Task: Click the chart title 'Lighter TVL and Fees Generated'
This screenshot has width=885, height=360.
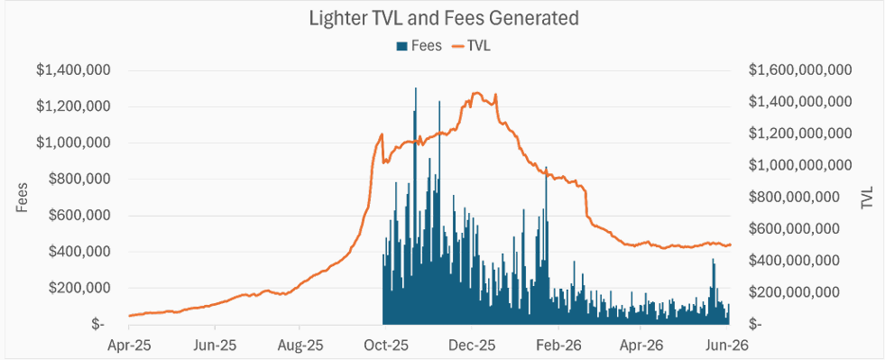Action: click(x=444, y=19)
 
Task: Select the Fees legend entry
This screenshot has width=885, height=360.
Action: click(x=419, y=46)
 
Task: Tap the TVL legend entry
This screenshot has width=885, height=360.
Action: click(x=470, y=46)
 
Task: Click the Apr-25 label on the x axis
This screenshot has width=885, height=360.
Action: click(x=129, y=343)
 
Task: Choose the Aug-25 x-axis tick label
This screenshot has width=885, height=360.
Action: click(x=300, y=343)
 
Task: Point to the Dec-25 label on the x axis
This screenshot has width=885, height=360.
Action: click(x=472, y=343)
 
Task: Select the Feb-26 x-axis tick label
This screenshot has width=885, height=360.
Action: click(x=558, y=343)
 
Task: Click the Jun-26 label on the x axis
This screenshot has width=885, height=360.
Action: click(x=728, y=343)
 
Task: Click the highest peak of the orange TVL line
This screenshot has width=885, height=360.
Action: click(x=475, y=93)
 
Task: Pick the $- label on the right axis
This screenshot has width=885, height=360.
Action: click(x=756, y=325)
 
